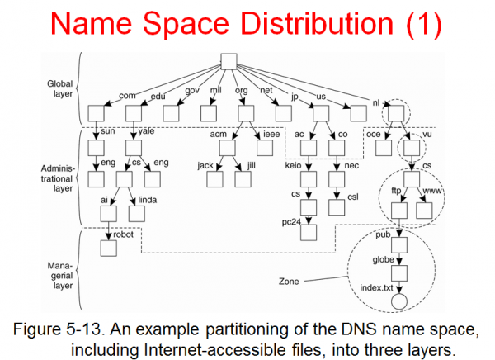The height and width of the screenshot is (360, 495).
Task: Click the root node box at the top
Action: tap(229, 62)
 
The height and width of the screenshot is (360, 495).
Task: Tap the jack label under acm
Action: tap(206, 165)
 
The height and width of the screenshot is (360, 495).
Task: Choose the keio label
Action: tap(290, 164)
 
